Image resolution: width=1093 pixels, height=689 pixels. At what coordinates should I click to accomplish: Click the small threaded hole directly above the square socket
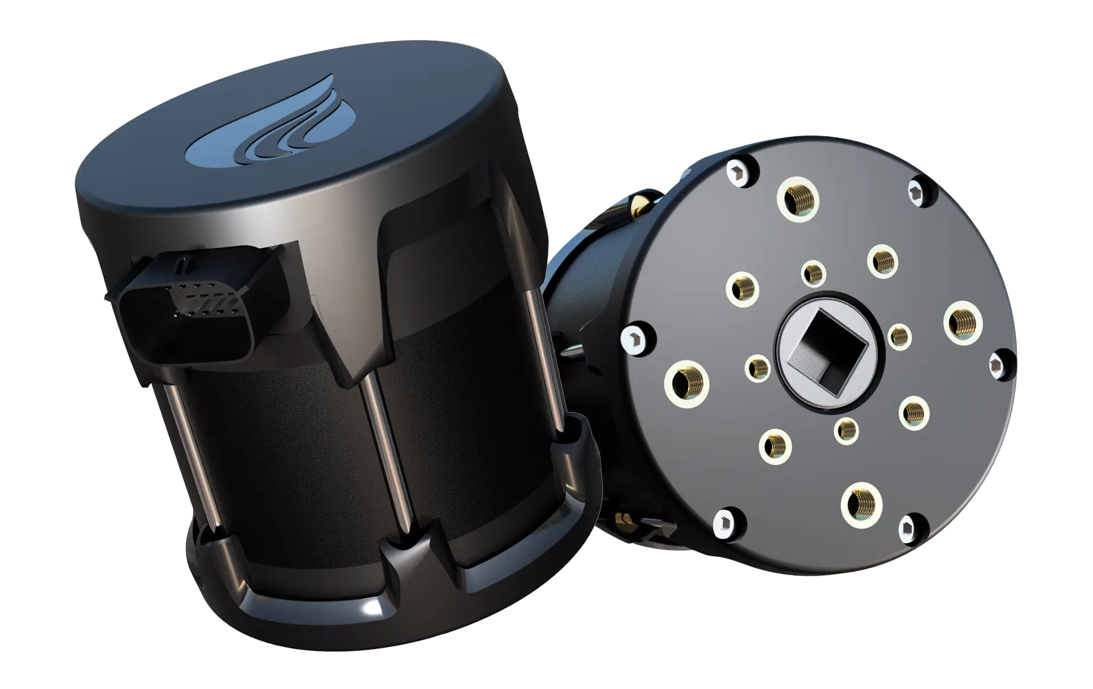[814, 273]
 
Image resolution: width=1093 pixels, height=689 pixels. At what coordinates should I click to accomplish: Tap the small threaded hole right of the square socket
[900, 337]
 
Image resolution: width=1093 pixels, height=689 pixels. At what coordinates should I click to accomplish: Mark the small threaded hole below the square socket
[847, 430]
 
